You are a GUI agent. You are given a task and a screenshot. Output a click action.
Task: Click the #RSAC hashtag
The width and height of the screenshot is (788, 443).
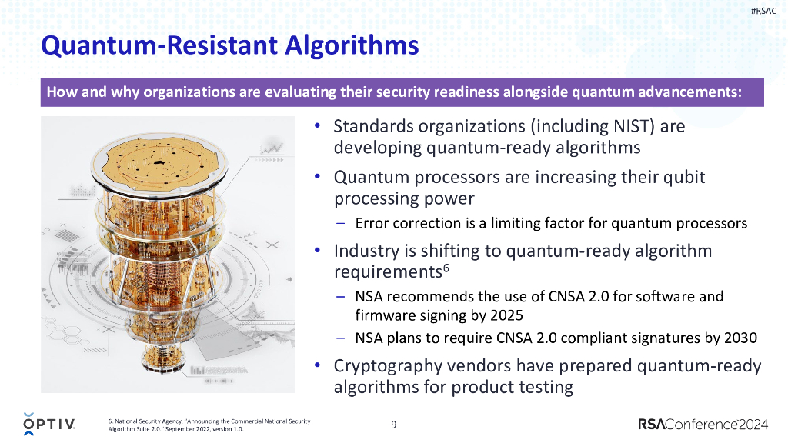[x=763, y=11]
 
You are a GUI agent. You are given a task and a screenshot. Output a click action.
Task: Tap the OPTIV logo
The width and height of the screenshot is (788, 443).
[x=49, y=424]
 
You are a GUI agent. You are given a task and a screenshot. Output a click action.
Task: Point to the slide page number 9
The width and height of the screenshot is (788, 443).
[x=394, y=424]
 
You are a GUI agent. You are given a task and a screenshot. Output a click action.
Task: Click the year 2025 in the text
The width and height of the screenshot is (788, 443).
[x=506, y=315]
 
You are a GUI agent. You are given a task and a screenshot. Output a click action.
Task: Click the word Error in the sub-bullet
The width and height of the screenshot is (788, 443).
[x=371, y=224]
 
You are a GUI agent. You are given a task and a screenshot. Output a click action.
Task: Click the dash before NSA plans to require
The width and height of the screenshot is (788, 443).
[x=340, y=338]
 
